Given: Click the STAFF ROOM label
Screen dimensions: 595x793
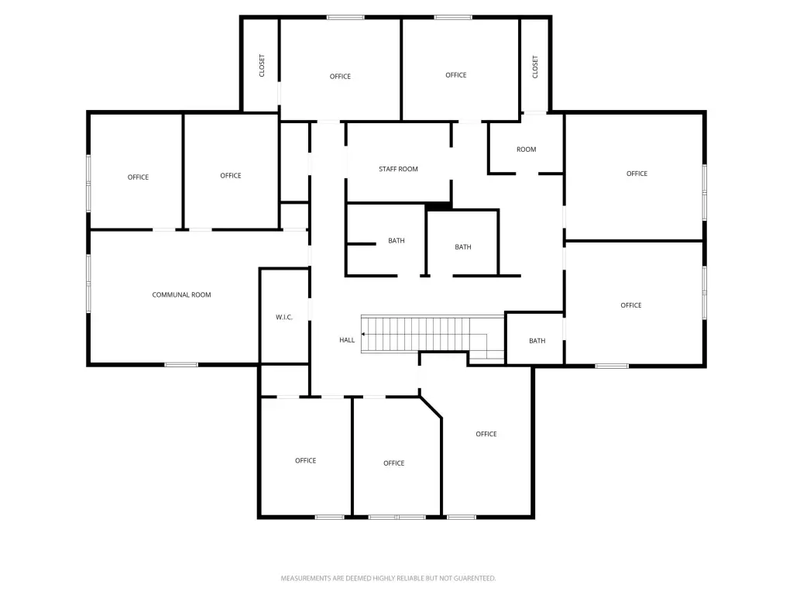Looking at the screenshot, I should pos(398,169).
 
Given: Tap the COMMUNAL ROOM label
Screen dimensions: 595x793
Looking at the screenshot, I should pos(181,295).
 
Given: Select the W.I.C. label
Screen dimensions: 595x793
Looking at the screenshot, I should pos(284,318).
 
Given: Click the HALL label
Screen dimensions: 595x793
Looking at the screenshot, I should pos(347,340).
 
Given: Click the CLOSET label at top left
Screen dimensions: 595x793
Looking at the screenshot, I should pos(262,65).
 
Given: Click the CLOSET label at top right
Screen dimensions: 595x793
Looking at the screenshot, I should pos(535,66).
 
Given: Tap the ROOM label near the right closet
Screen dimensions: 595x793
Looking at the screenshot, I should pos(527,150).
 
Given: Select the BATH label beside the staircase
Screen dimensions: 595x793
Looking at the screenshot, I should pos(537,341).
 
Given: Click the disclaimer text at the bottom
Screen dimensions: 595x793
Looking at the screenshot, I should pos(388,578).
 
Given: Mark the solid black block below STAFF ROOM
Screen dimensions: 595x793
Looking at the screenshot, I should pos(438,205).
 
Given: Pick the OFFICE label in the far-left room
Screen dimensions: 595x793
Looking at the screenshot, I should pos(138,177).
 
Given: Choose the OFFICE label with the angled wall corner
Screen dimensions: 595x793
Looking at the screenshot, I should pos(393,463).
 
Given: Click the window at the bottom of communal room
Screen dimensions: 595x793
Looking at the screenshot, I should pos(181,364).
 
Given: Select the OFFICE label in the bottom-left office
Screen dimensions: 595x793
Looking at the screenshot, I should pos(305,461).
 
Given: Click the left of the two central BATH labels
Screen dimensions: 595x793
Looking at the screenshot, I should pos(396,241).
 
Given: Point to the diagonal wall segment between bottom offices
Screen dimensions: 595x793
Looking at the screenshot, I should pos(431,408).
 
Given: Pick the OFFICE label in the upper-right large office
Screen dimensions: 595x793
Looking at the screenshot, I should pos(637,174).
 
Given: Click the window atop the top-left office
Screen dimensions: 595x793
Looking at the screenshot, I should pos(345,17).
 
